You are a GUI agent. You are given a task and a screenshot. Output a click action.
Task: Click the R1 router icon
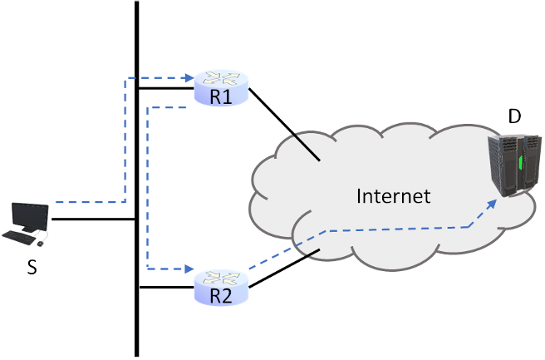(x=222, y=81)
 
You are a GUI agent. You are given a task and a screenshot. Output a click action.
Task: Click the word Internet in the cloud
(x=394, y=196)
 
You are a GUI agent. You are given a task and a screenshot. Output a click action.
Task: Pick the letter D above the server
(x=514, y=117)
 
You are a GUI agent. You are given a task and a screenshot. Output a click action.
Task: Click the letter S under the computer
(x=31, y=268)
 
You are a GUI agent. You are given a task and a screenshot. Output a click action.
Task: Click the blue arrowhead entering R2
(x=189, y=269)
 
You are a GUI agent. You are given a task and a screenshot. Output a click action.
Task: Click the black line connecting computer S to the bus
(x=91, y=219)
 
